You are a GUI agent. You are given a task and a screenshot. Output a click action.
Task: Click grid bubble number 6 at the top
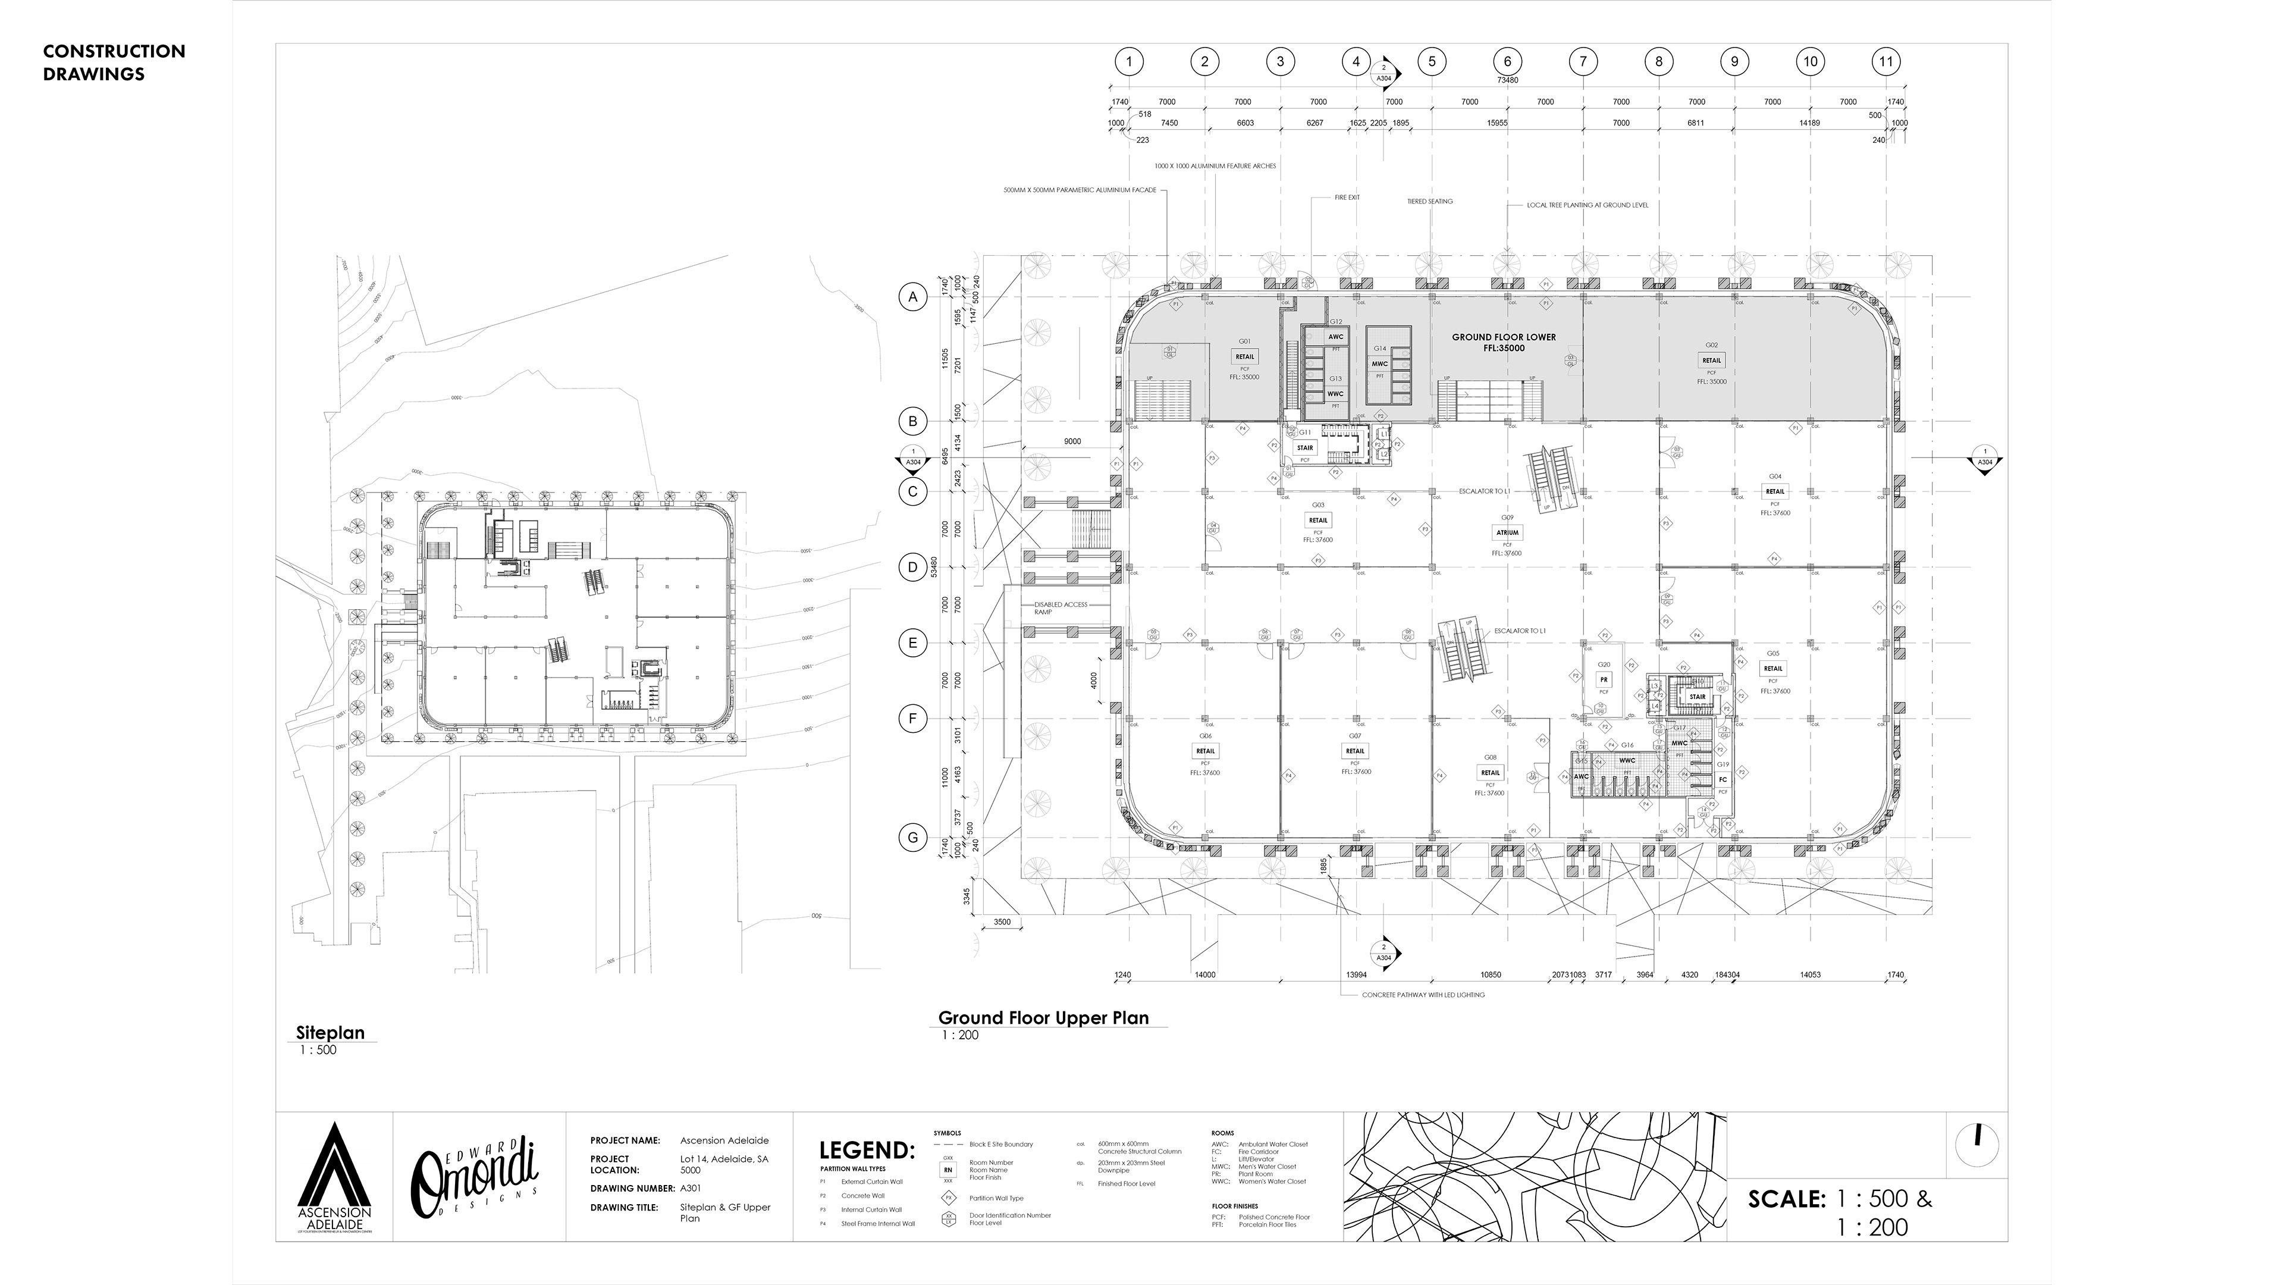coord(1507,62)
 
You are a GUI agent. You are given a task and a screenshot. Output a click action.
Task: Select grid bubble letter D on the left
coord(913,567)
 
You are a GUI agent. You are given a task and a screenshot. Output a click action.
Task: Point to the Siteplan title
coord(330,1032)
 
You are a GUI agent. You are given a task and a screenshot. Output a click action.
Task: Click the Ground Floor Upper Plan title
coord(1044,1018)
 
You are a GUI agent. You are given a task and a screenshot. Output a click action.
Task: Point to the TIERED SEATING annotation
coord(1429,201)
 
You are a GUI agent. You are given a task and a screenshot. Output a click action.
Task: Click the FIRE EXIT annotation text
coord(1347,197)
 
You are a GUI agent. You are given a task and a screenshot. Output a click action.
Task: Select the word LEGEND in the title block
coord(866,1151)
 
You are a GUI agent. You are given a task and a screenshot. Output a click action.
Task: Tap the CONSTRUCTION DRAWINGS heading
coord(114,62)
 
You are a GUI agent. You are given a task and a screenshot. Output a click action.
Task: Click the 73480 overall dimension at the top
coord(1507,80)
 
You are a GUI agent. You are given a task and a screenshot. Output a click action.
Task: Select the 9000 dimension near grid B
coord(1072,441)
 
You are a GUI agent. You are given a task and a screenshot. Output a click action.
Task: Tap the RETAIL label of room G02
coord(1711,360)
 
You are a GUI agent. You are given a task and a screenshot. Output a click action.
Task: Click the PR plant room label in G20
coord(1603,680)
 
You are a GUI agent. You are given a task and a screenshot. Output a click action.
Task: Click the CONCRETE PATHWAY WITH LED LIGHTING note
coord(1423,995)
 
